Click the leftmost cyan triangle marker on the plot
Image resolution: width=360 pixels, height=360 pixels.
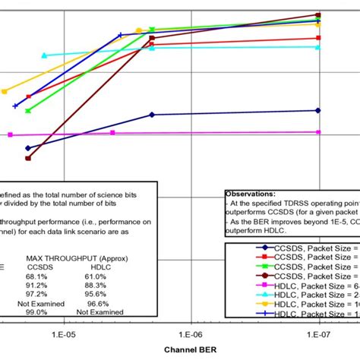[x=44, y=55]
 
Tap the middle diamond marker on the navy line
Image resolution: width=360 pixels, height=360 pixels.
[x=153, y=115]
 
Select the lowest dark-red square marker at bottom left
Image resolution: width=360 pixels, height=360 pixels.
[x=28, y=158]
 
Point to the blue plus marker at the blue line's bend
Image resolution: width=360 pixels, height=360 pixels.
[x=121, y=35]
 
